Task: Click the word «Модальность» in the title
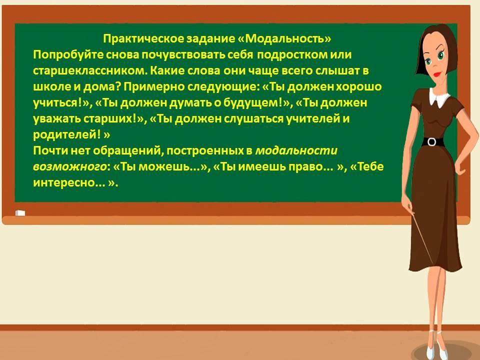click(284, 39)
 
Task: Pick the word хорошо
click(359, 87)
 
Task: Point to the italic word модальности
click(296, 150)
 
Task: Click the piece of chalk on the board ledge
click(20, 213)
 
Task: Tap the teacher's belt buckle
click(431, 142)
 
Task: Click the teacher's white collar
click(438, 97)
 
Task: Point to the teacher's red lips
click(437, 74)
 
